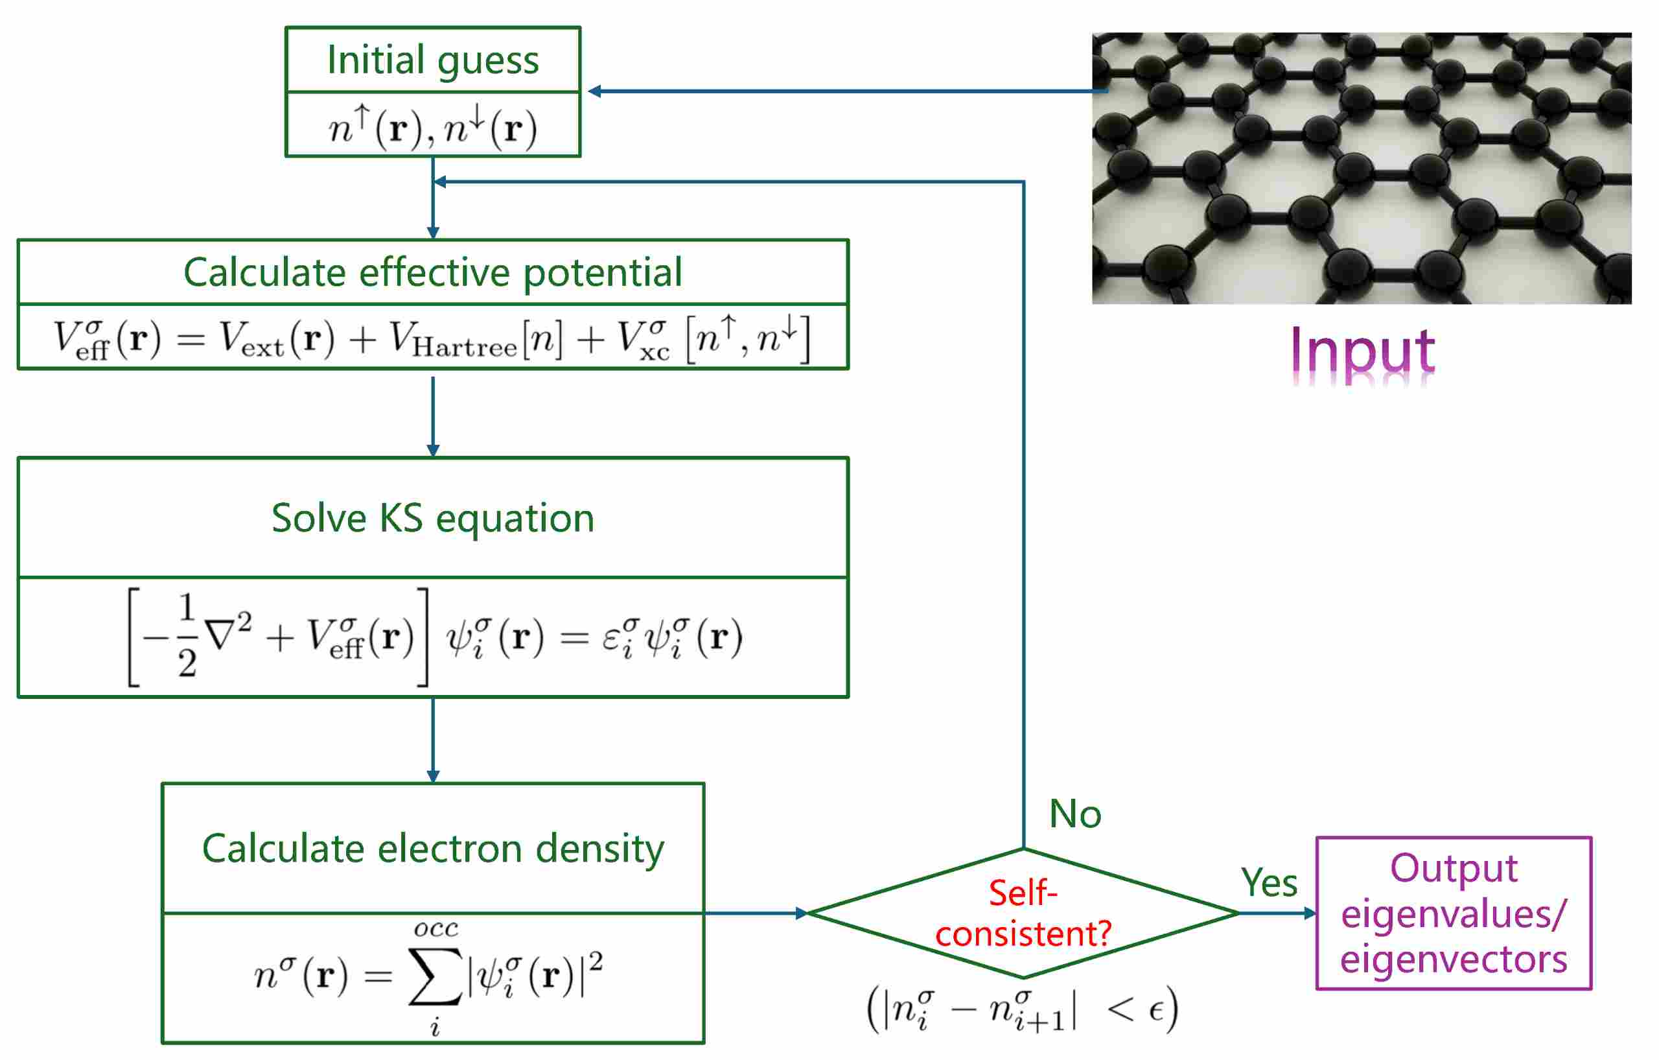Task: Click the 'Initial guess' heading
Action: point(433,60)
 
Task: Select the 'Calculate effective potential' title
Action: point(433,272)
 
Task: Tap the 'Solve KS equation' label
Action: point(433,517)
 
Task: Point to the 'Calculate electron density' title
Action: point(433,848)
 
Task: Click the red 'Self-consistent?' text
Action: point(1023,913)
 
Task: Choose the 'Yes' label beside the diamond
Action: point(1268,882)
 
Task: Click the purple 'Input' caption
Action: point(1362,351)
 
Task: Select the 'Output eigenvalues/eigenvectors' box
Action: point(1454,913)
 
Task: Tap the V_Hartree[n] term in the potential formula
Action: point(476,340)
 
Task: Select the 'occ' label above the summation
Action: point(436,929)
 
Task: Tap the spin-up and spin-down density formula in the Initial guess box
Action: point(433,128)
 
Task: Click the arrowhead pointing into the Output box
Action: point(1310,913)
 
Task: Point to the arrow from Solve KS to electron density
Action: point(433,740)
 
